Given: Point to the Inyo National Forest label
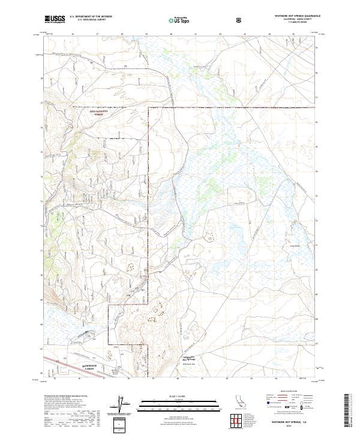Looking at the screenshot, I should [85, 112].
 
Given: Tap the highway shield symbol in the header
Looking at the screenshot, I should [241, 20].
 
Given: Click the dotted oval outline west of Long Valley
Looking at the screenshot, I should [211, 239].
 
